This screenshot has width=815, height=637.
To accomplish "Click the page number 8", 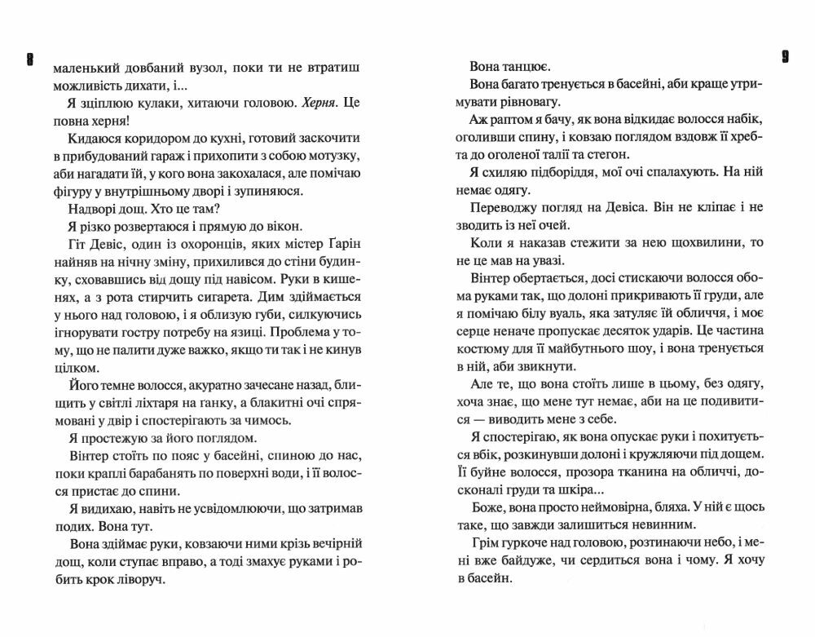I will (29, 60).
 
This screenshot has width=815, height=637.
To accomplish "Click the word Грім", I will (488, 544).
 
